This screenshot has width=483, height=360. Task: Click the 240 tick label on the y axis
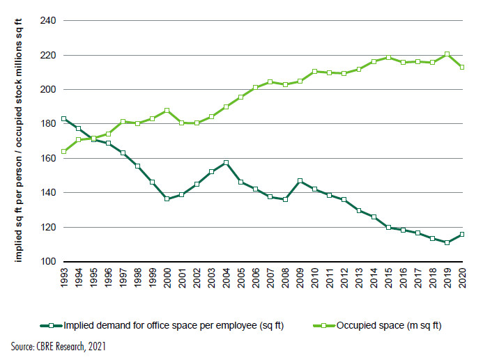pos(48,21)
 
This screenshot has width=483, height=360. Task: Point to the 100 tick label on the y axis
pos(48,262)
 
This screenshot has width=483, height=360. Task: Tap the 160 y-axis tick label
pos(48,159)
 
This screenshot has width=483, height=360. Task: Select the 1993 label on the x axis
pos(64,278)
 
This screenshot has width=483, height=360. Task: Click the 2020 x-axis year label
pos(462,278)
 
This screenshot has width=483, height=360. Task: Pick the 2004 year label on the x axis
pos(227,278)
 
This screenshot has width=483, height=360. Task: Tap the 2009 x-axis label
pos(300,278)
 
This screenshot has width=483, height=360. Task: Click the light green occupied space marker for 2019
pos(447,54)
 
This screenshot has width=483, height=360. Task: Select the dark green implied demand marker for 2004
pos(226,162)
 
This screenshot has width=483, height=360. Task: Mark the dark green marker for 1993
pos(63,119)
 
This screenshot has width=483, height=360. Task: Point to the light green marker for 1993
pos(63,151)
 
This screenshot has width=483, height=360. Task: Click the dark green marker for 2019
pos(447,242)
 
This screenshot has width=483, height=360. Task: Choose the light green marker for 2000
pos(167,110)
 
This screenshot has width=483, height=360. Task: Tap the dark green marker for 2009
pos(300,180)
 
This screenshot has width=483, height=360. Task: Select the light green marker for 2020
pos(462,67)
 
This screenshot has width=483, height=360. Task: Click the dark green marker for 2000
pos(167,198)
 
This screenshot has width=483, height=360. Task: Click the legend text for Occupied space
pos(389,326)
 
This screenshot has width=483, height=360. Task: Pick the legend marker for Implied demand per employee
pos(52,326)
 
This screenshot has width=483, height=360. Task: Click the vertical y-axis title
pos(19,140)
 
